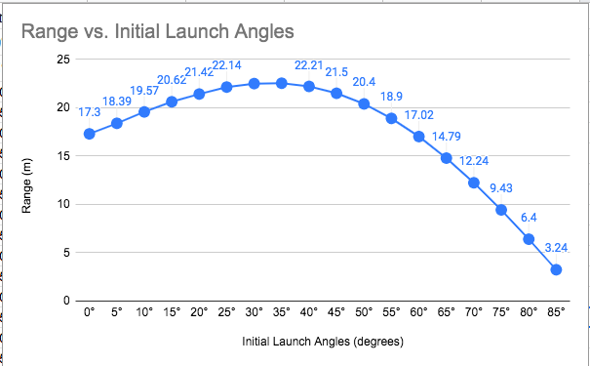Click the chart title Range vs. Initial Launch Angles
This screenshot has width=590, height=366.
[x=157, y=31]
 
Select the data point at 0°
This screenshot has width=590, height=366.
[x=90, y=134]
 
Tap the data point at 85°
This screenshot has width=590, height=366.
[x=556, y=269]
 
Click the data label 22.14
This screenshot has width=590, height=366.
[x=227, y=65]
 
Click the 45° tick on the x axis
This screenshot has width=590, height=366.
[x=336, y=313]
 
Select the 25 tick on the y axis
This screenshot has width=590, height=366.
[x=63, y=60]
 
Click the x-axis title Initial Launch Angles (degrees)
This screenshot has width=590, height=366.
[x=323, y=342]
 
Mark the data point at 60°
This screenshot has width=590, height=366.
[x=419, y=137]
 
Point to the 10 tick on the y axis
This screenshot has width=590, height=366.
[x=63, y=204]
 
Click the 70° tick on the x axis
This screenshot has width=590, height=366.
[x=474, y=313]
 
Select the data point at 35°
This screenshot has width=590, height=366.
[x=282, y=83]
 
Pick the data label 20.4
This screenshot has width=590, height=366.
[x=363, y=82]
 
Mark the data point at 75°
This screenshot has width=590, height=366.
[x=501, y=210]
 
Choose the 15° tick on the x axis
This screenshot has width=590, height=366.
[x=172, y=313]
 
